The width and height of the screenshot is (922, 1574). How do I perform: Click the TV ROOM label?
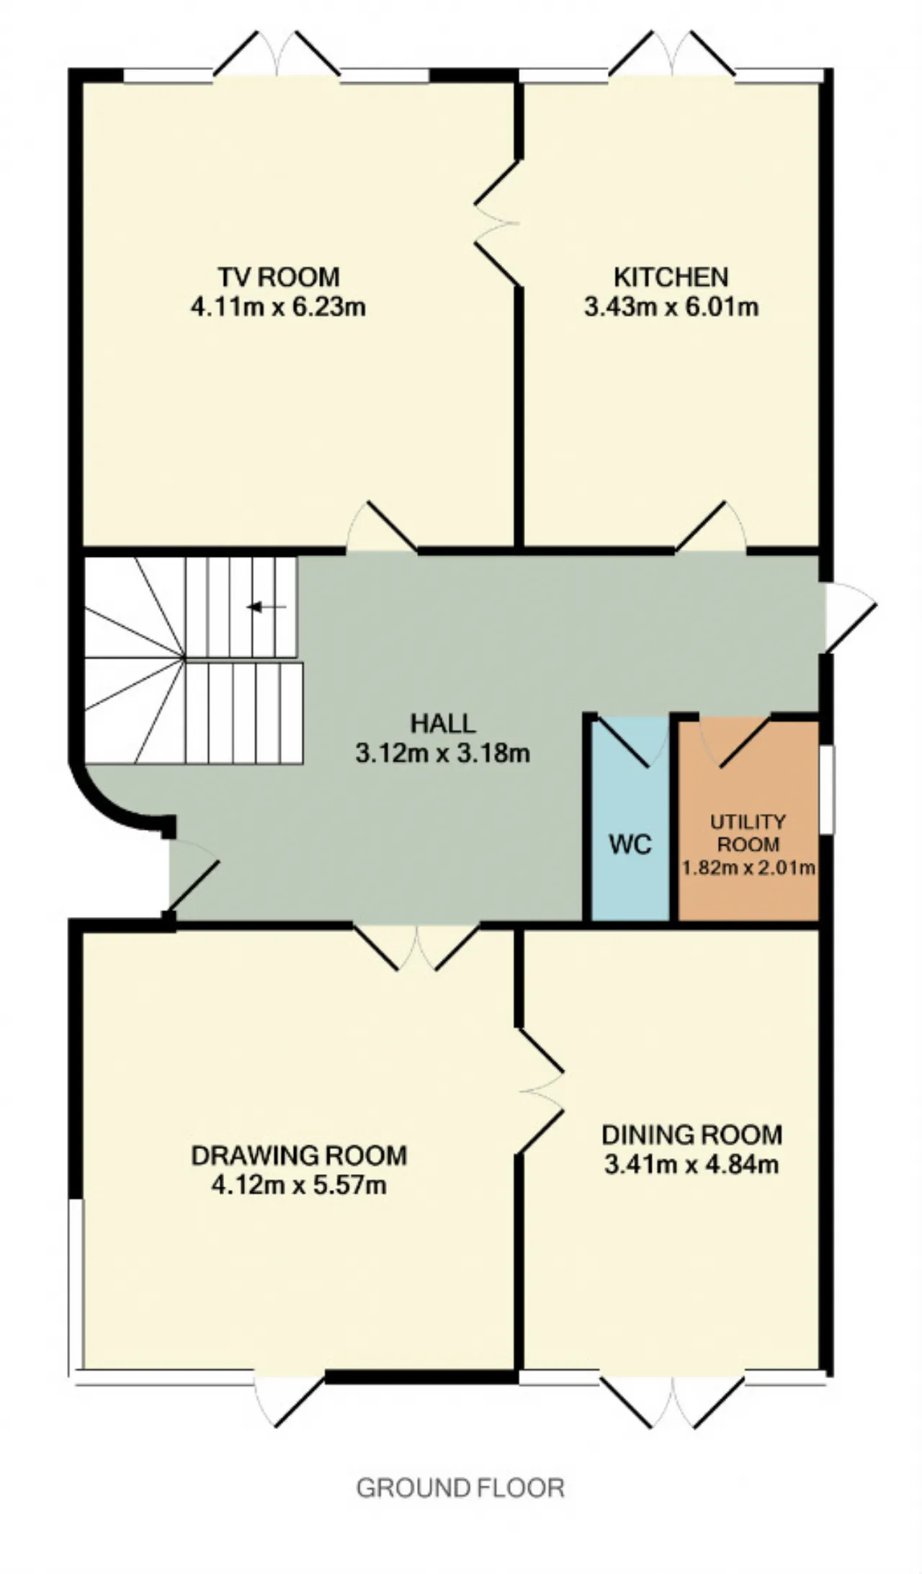point(279,277)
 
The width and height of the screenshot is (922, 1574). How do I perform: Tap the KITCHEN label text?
point(671,277)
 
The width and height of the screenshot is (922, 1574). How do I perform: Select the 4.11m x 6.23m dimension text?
point(278,307)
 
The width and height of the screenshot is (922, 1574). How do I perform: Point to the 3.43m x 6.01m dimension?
point(671,307)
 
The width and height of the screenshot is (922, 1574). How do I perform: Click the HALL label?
point(443,723)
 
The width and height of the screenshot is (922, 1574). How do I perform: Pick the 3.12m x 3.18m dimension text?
point(443,754)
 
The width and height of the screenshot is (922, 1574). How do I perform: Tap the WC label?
point(630,844)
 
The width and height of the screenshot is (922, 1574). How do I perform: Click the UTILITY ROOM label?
point(748,833)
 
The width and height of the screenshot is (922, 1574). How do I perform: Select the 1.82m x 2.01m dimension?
point(748,867)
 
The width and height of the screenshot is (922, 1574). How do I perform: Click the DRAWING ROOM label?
point(299,1155)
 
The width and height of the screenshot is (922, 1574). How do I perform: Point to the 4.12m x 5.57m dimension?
point(299,1185)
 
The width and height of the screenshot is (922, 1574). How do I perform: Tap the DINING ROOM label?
point(691,1135)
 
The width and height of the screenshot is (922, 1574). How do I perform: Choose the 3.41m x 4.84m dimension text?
point(691,1164)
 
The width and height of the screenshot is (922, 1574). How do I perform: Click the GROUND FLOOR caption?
point(460,1488)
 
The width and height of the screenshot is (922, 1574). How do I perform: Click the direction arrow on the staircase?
point(267,607)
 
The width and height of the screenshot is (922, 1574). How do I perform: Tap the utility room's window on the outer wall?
point(827,790)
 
